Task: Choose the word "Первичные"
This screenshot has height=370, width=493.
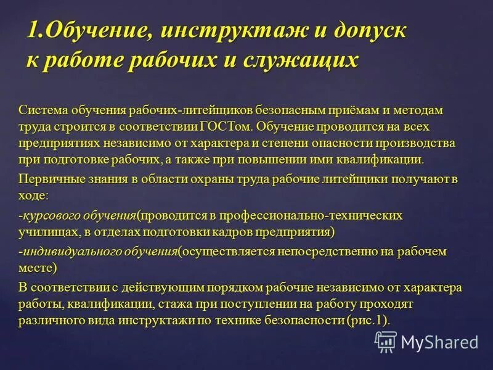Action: (46, 179)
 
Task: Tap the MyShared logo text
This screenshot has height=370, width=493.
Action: (439, 341)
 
